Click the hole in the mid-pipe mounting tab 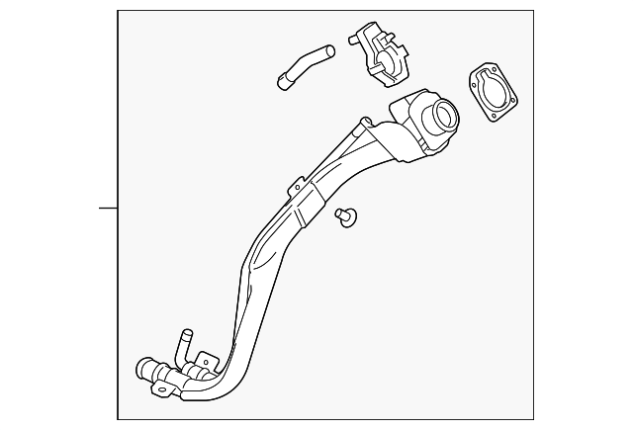tap(294, 184)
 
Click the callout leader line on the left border tap(108, 209)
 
